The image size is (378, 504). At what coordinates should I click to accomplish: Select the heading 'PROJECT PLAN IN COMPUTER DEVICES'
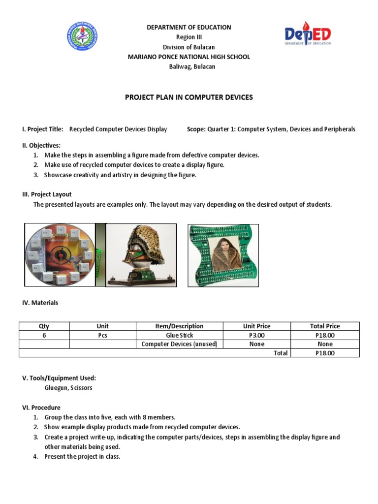pos(189,97)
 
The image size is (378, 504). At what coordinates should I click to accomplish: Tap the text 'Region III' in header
pos(189,37)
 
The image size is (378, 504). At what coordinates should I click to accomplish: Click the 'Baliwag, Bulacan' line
pos(189,66)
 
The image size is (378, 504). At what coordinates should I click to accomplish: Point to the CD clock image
pos(60,254)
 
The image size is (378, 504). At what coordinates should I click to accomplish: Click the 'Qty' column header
pos(44,326)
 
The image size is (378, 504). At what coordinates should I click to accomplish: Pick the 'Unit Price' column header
pos(256,326)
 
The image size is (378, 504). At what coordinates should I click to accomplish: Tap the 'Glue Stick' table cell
pos(179,335)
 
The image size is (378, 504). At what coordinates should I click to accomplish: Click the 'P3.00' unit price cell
pos(256,335)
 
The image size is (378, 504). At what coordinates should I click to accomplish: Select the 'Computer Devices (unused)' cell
pos(179,344)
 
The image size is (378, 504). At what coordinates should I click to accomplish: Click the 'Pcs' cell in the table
pos(103,335)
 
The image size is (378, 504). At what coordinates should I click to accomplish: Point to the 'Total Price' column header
pos(324,326)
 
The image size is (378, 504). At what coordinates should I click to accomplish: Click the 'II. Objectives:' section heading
pos(41,146)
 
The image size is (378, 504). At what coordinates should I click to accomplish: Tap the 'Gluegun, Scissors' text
pos(68,388)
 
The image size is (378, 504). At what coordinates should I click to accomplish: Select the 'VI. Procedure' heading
pos(41,408)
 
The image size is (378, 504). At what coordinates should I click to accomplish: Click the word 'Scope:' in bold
pos(196,129)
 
